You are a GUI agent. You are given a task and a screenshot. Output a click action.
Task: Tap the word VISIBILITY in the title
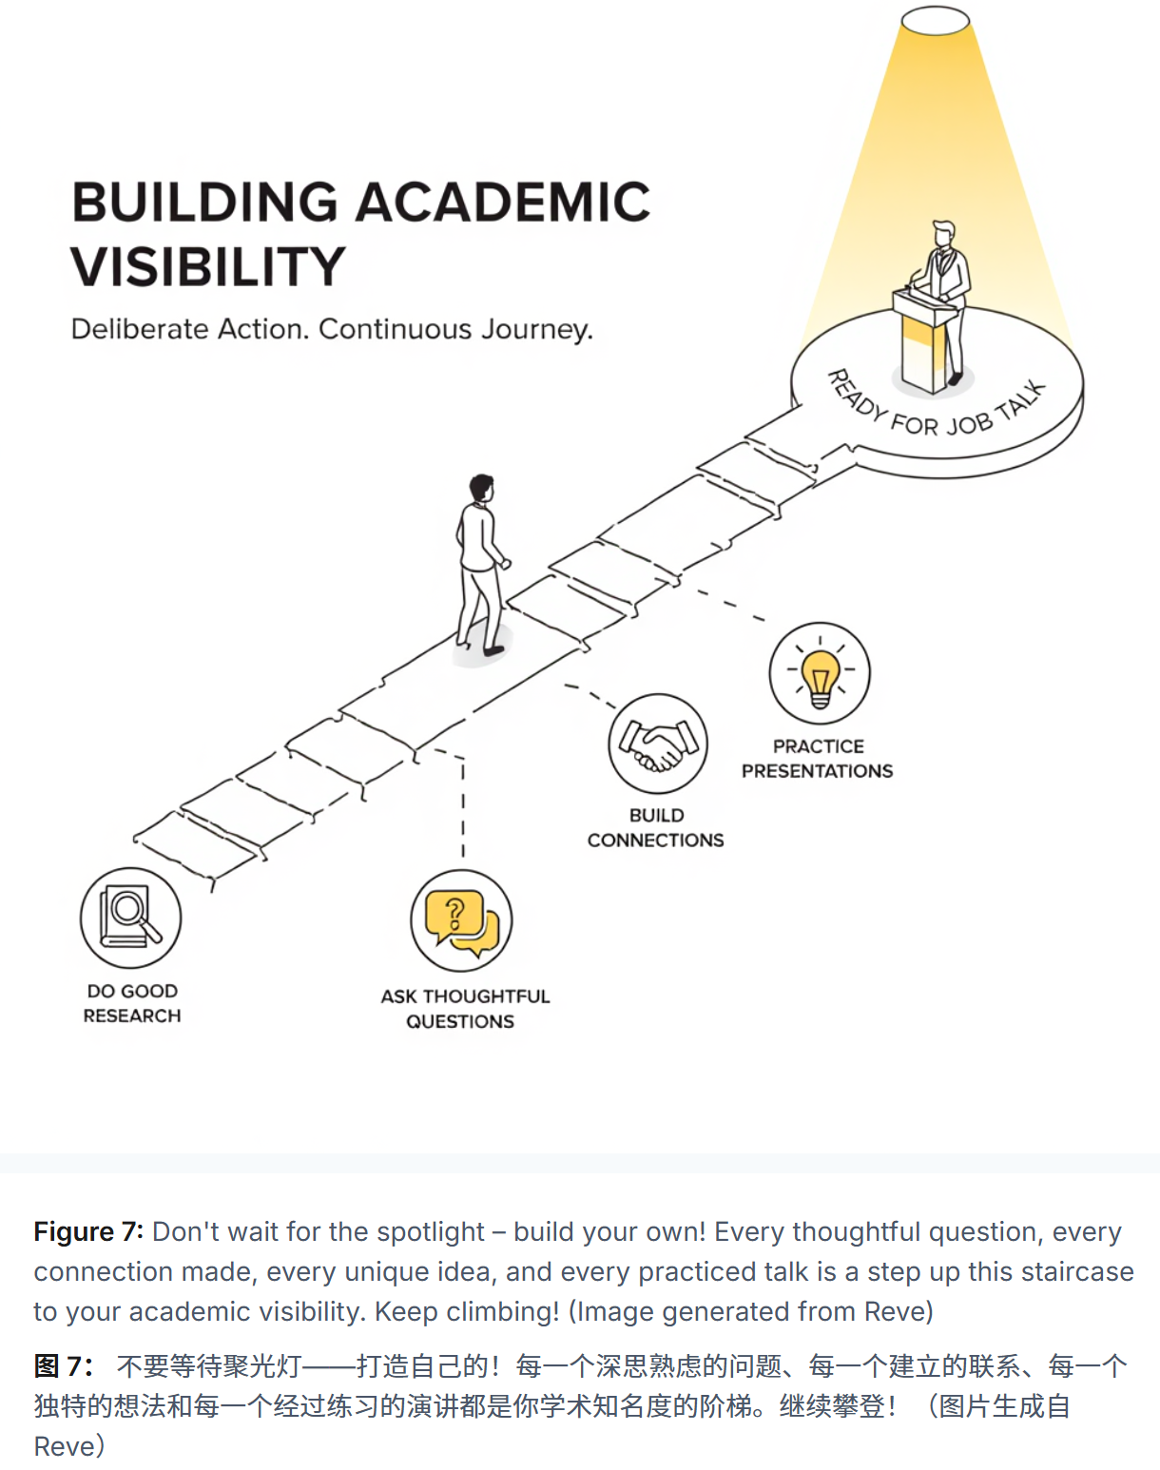207,267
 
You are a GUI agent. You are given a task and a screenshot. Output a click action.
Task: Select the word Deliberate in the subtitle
140,329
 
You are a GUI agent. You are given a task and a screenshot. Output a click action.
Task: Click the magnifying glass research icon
130,918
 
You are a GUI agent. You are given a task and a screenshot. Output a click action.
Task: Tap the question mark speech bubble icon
461,920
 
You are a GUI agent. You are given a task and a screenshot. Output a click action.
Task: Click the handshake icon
658,744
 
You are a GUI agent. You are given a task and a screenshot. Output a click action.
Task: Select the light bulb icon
820,672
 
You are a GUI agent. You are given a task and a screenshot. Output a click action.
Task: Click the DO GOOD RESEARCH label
132,1003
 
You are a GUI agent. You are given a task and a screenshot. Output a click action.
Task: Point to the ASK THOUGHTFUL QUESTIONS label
464,1009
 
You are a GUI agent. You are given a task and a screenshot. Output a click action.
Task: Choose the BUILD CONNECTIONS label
655,828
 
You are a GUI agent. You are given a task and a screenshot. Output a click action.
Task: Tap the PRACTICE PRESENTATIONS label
818,759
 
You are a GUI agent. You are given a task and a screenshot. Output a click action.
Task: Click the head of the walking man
482,488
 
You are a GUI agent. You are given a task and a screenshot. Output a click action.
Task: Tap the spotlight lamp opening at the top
935,21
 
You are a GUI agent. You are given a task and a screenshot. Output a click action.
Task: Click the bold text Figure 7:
88,1232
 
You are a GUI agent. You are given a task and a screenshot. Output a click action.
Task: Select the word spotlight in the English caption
431,1232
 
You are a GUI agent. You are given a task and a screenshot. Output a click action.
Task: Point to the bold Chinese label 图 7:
63,1367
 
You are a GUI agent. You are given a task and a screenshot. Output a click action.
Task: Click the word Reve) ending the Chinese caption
69,1447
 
